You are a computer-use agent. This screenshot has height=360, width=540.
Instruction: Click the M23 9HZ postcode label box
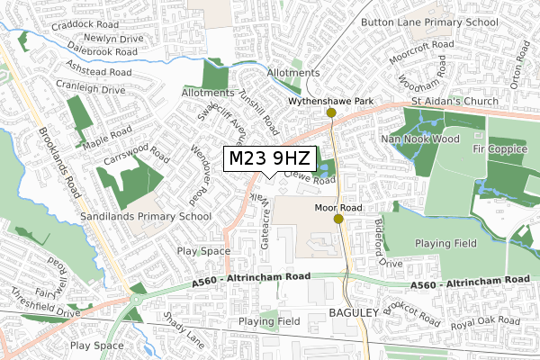[x=269, y=159]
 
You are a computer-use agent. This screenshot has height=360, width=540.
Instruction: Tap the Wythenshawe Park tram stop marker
[x=332, y=112]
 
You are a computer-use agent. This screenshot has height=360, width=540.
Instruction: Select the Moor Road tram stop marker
[x=338, y=218]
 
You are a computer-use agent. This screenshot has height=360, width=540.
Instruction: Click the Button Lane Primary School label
[x=429, y=22]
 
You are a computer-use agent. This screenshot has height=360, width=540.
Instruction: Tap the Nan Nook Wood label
[x=420, y=139]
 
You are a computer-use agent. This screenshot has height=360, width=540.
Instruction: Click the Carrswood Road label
[x=136, y=149]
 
